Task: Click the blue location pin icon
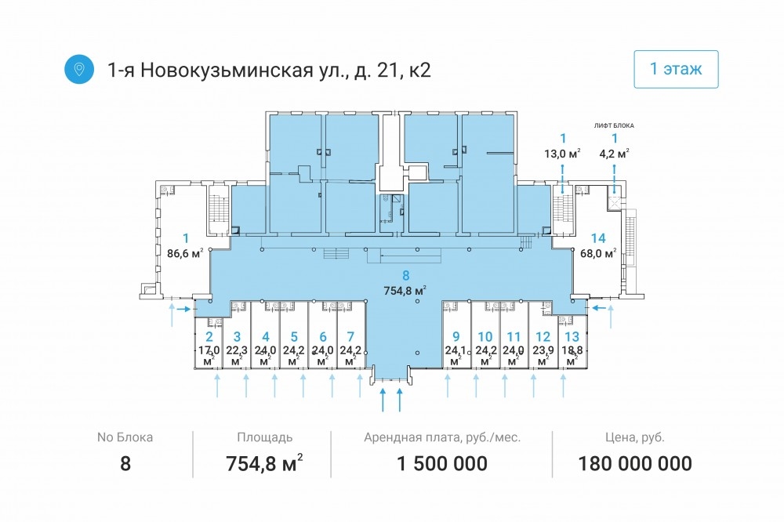click(79, 68)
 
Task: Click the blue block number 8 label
click(405, 275)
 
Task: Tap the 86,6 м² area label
click(185, 253)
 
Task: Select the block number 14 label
click(598, 238)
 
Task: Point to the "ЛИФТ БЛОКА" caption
click(614, 125)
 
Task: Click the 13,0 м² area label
click(562, 154)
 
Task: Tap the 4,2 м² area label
click(614, 154)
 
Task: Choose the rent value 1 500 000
click(442, 463)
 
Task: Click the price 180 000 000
click(635, 463)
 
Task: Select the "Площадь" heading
click(264, 437)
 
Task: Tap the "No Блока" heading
click(125, 437)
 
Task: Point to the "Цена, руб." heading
click(635, 437)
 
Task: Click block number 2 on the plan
click(209, 337)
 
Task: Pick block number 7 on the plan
click(350, 337)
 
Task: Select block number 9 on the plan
click(456, 337)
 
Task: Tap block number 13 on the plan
click(572, 337)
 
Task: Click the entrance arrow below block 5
click(303, 386)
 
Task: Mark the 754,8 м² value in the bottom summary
click(264, 463)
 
